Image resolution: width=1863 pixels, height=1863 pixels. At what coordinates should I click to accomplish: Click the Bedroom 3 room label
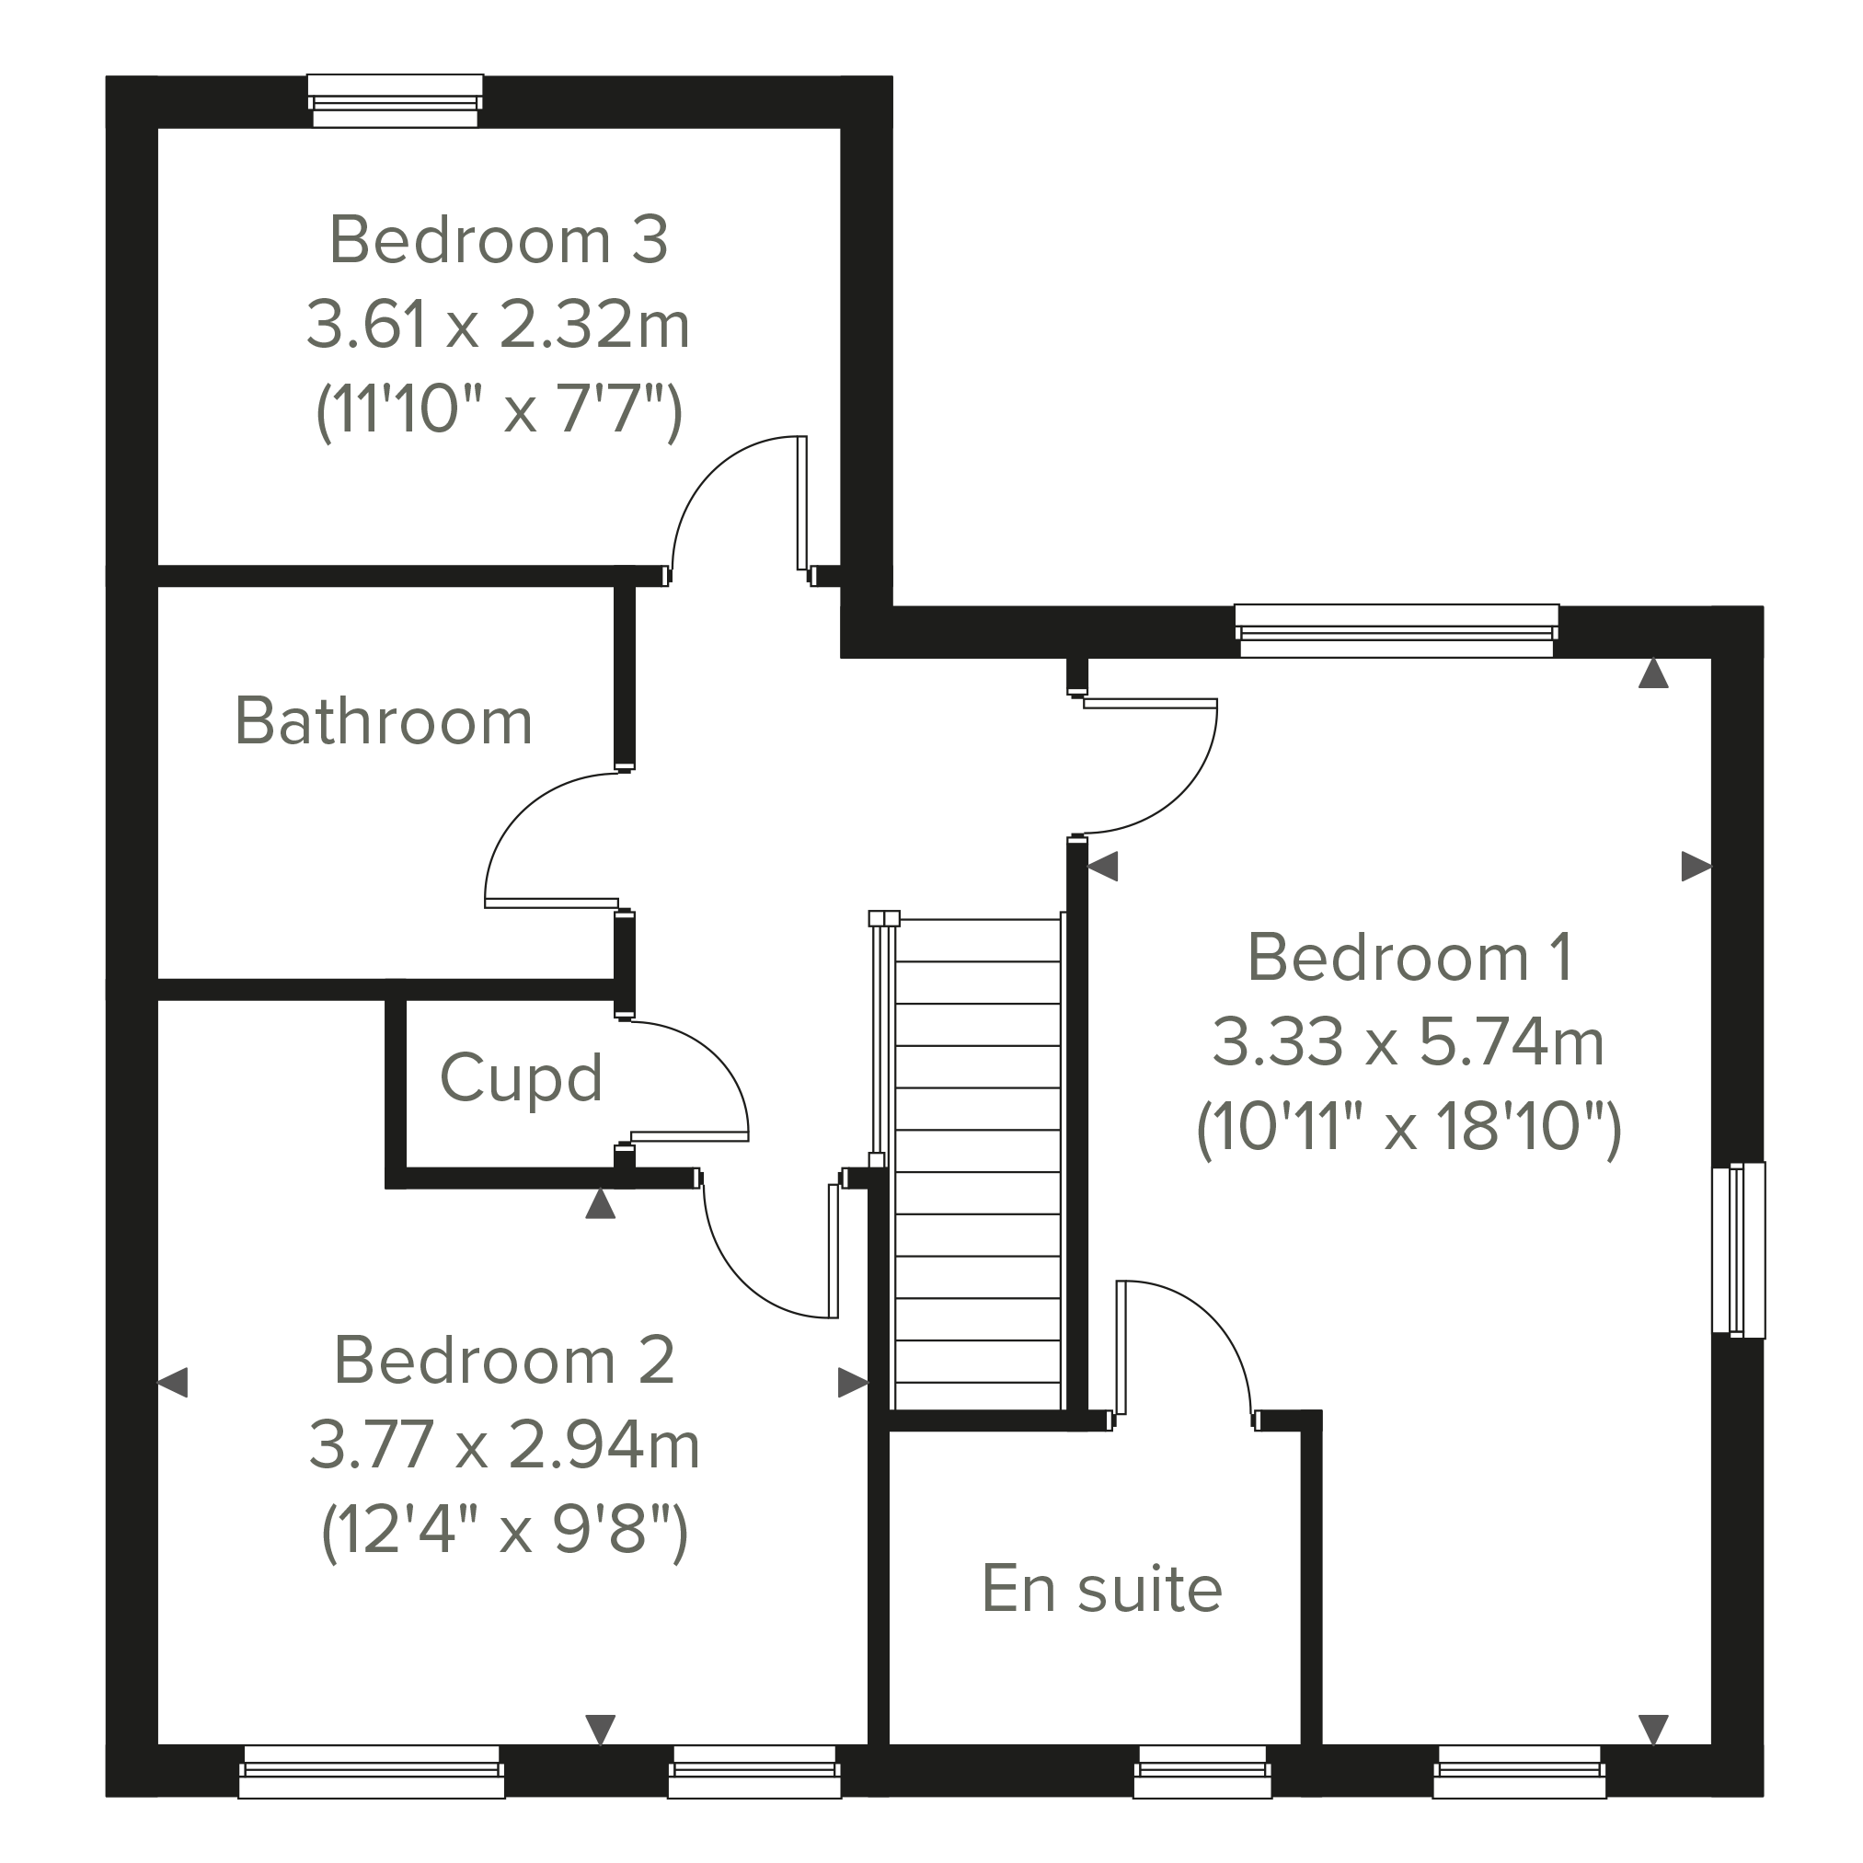pyautogui.click(x=499, y=239)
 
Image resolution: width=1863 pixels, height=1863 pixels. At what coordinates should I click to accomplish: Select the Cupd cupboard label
pyautogui.click(x=521, y=1077)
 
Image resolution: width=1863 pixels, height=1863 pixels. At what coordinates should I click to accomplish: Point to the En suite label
pyautogui.click(x=1101, y=1588)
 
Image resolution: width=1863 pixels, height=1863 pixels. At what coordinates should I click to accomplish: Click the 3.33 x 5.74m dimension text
pyautogui.click(x=1408, y=1042)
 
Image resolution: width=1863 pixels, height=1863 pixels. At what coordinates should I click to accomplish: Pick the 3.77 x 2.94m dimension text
pyautogui.click(x=503, y=1445)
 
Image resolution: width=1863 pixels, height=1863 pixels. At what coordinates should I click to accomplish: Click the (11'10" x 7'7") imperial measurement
pyautogui.click(x=499, y=411)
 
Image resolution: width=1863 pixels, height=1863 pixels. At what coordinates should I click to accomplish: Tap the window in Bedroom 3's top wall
pyautogui.click(x=396, y=100)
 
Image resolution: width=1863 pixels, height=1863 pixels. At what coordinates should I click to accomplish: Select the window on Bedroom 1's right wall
pyautogui.click(x=1739, y=1249)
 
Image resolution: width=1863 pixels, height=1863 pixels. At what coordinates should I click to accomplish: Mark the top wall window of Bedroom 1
pyautogui.click(x=1397, y=629)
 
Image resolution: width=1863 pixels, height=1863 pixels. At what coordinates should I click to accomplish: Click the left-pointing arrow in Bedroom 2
pyautogui.click(x=173, y=1383)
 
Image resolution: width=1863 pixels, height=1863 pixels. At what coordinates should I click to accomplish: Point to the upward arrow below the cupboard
pyautogui.click(x=601, y=1203)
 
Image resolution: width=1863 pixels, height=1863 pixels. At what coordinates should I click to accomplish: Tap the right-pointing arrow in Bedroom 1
pyautogui.click(x=1696, y=866)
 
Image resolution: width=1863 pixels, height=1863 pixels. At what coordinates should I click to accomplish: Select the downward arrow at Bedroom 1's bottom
pyautogui.click(x=1654, y=1730)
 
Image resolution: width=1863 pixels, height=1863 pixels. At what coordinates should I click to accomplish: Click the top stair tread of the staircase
pyautogui.click(x=978, y=940)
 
